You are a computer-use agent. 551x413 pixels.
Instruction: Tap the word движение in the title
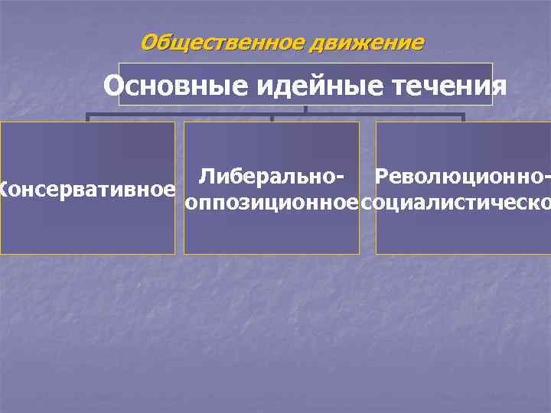pos(366,43)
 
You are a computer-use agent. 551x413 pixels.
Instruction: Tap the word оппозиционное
pos(272,203)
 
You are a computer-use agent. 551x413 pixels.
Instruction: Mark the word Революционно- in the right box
pos(458,177)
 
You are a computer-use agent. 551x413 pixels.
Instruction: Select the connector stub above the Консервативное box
pos(88,118)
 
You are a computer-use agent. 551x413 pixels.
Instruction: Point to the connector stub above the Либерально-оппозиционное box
pos(272,118)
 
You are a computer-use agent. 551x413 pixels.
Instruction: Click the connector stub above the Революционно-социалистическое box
pos(462,118)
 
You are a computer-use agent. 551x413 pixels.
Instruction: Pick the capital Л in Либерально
pos(205,177)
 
